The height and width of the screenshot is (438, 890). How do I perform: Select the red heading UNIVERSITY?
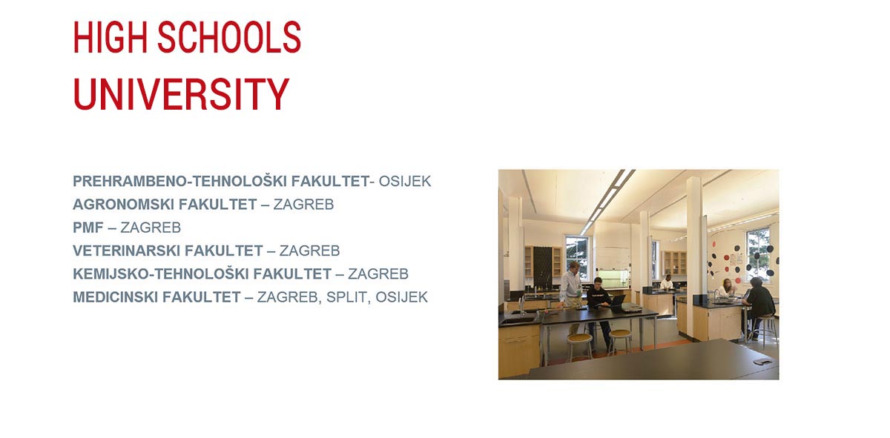tap(181, 94)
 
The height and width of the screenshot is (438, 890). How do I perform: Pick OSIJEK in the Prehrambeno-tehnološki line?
tap(405, 181)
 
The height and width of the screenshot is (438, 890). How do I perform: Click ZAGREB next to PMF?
tap(151, 228)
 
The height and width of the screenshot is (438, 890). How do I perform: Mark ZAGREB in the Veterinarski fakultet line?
tap(309, 250)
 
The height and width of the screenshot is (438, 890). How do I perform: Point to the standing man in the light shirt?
tap(570, 285)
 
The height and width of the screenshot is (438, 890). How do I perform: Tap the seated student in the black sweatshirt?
tap(597, 300)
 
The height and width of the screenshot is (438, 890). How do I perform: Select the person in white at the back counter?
tap(667, 282)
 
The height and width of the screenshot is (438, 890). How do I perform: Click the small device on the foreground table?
tap(762, 361)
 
